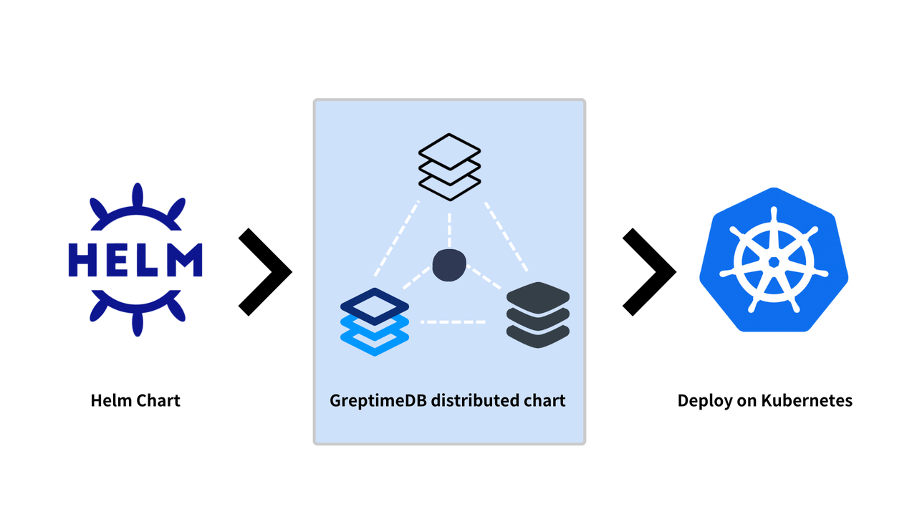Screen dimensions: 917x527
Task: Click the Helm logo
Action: tap(135, 260)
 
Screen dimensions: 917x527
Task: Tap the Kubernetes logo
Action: tap(774, 259)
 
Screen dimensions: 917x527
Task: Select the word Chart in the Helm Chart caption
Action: tap(158, 400)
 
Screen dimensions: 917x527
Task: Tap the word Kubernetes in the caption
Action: tap(807, 400)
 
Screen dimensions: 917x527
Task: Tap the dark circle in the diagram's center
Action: tap(449, 265)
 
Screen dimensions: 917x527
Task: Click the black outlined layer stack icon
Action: tap(449, 167)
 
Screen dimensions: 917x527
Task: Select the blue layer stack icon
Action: tap(375, 321)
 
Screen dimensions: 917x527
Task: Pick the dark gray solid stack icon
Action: tap(538, 315)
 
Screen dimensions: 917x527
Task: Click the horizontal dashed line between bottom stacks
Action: tap(453, 322)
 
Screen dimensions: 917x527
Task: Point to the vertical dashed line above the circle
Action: tap(449, 230)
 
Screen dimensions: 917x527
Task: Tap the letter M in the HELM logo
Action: tap(185, 260)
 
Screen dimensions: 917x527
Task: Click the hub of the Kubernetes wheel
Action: tap(774, 262)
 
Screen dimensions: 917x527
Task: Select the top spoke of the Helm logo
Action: tap(138, 195)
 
